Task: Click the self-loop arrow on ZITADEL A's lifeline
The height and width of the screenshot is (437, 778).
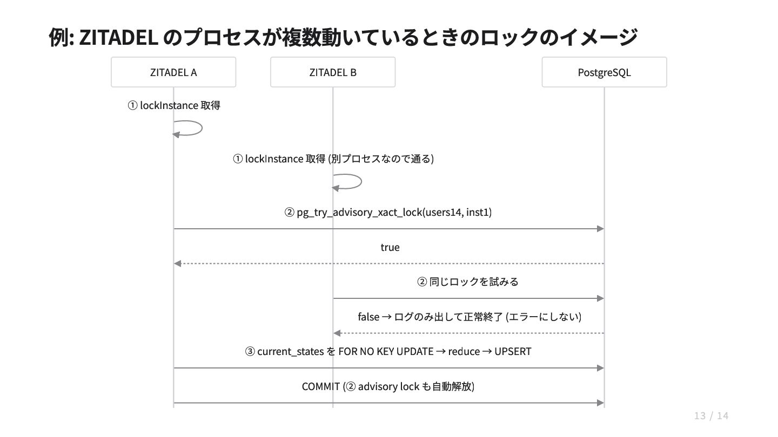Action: pos(202,128)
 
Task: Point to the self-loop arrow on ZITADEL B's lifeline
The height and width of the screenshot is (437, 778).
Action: pos(361,181)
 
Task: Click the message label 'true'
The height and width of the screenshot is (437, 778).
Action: pos(390,247)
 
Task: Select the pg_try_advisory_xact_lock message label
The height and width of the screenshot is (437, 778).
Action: pos(388,212)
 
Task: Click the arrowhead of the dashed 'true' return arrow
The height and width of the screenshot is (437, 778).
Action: pos(177,264)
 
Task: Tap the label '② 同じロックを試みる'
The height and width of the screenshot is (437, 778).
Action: pos(467,282)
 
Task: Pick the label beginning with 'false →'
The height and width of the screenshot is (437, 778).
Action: pos(470,317)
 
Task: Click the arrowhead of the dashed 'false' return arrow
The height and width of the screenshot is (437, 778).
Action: pos(337,333)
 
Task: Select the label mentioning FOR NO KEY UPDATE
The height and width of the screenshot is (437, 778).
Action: pos(388,351)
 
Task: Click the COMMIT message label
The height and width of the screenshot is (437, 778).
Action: pos(388,386)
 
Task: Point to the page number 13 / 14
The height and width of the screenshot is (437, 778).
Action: pos(711,415)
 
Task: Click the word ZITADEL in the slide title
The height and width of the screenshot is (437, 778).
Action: pos(119,37)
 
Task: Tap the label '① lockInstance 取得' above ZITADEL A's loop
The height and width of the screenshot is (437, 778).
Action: pos(173,105)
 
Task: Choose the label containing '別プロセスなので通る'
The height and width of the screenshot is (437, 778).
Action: pos(333,159)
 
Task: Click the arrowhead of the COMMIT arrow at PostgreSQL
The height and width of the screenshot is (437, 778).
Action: pos(600,403)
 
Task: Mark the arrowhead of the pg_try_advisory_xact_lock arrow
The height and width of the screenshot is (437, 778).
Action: pos(600,229)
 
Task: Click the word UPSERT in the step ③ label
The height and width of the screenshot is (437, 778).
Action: pos(513,351)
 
